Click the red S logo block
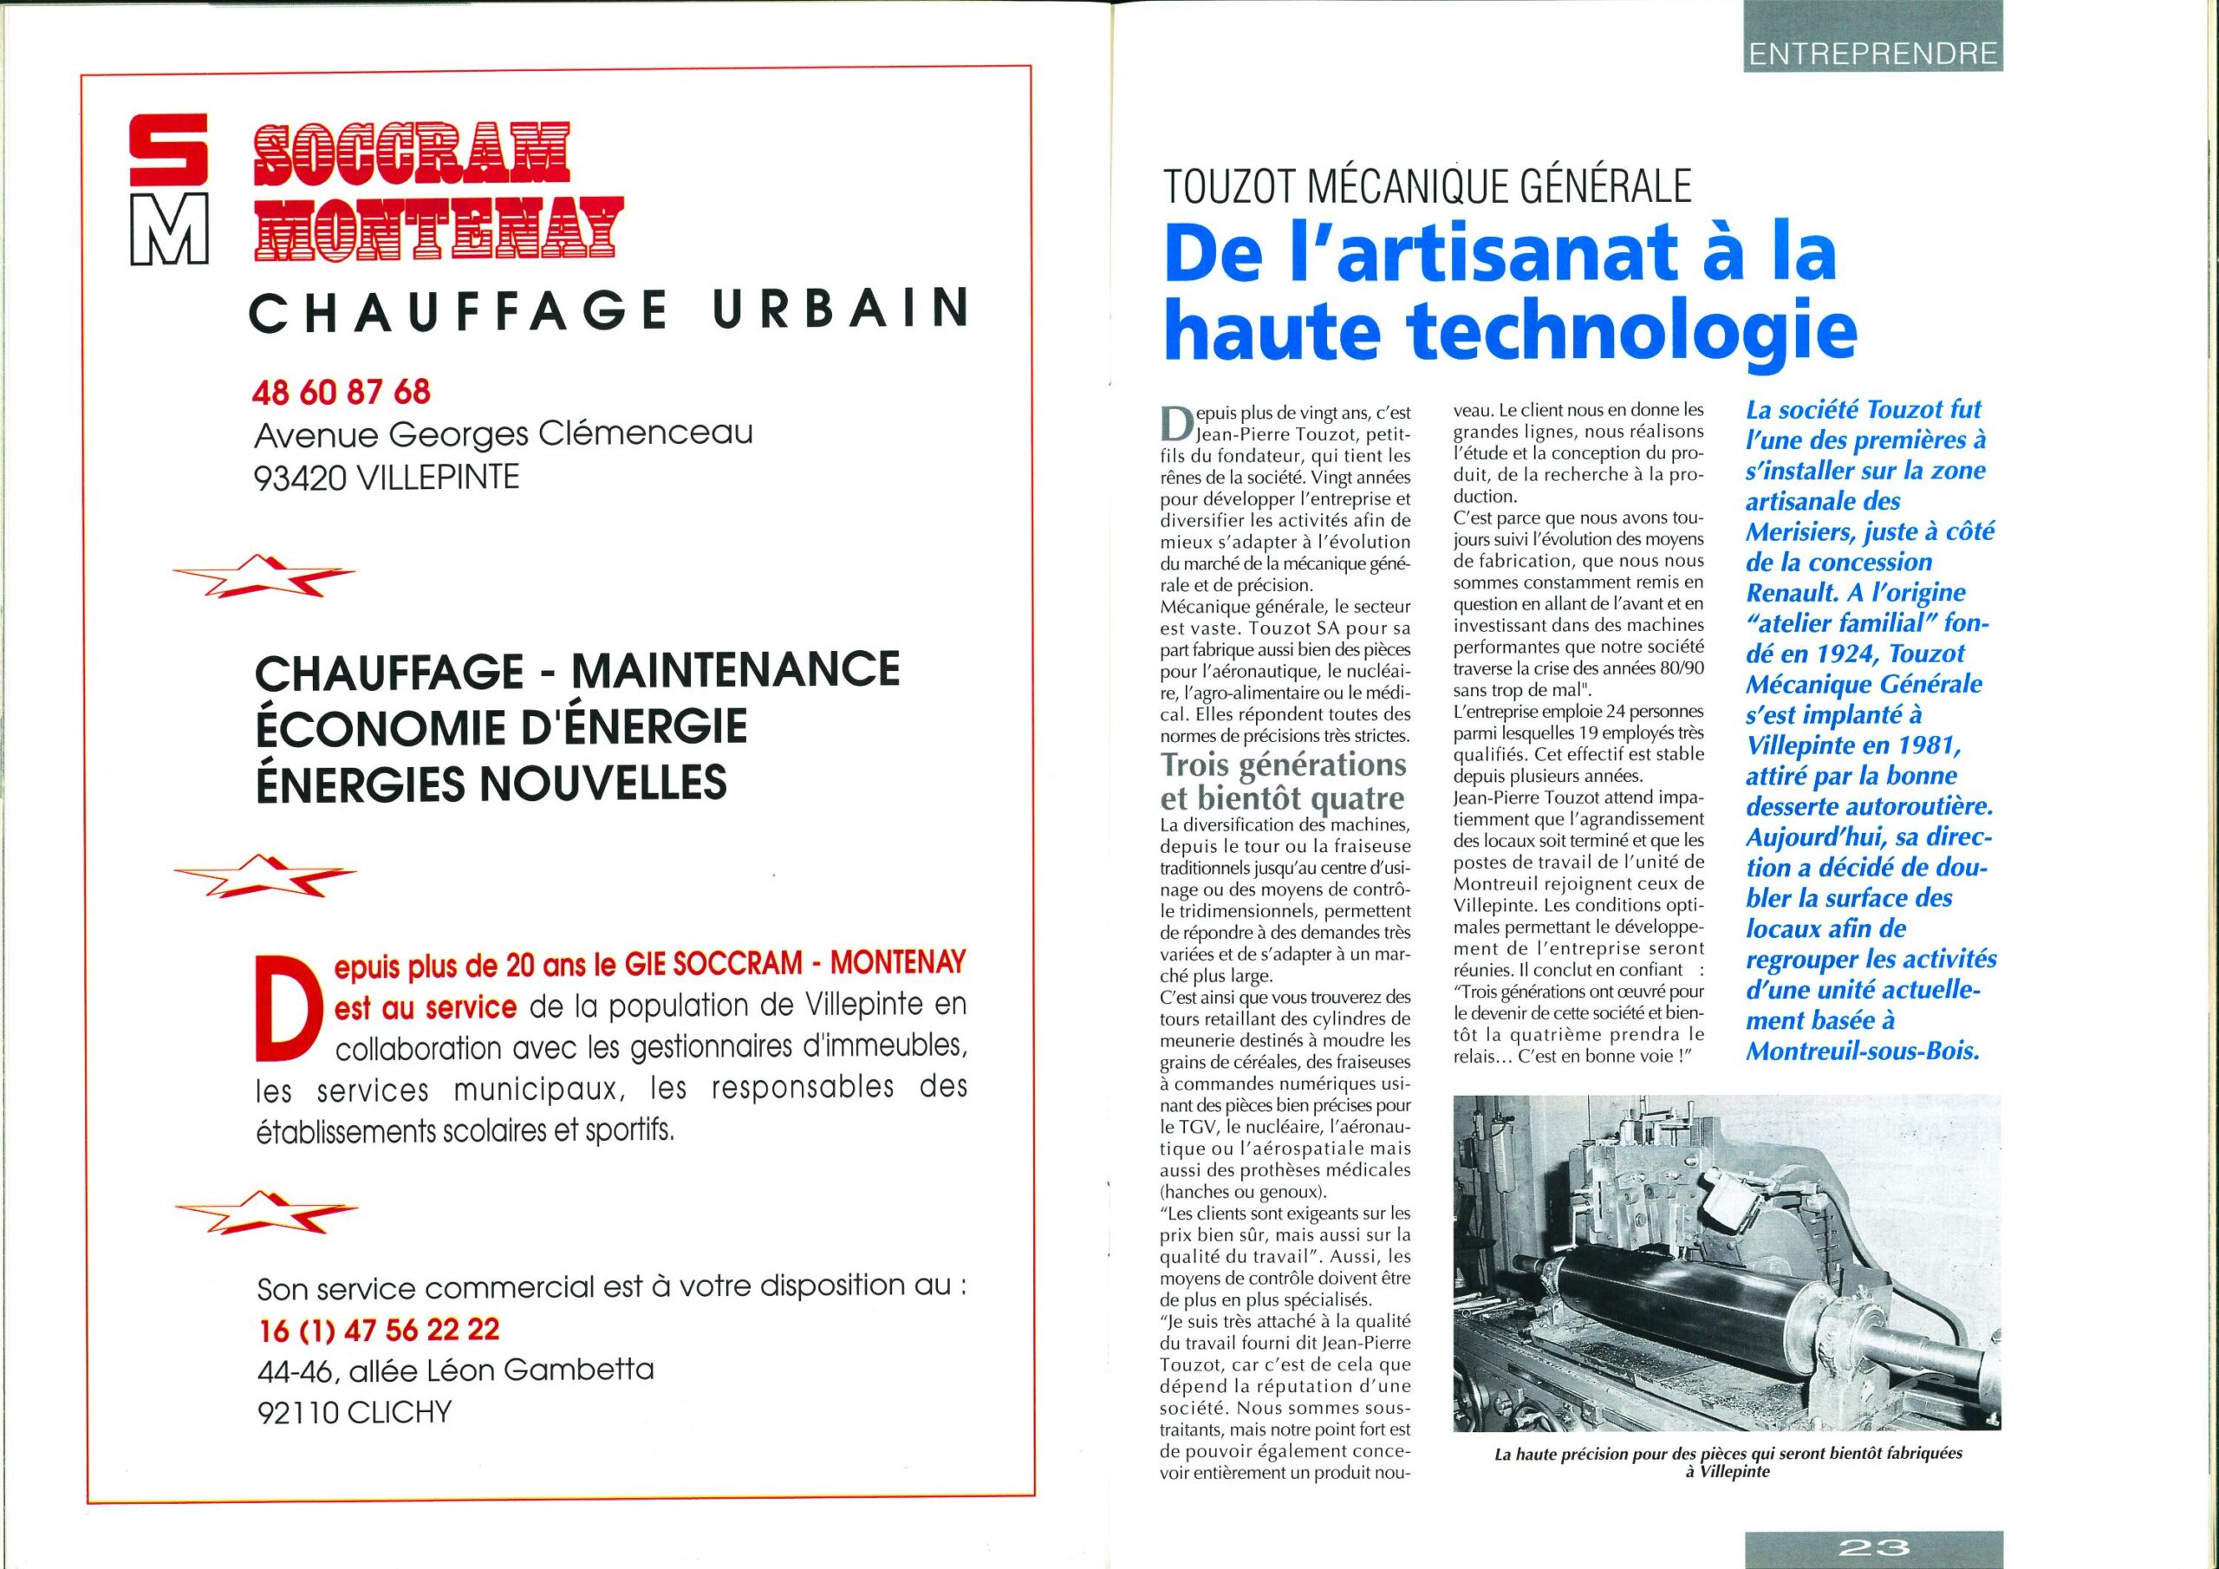(x=168, y=150)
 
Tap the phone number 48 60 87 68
(x=342, y=392)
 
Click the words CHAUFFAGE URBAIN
(x=608, y=310)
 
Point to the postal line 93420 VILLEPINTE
(x=387, y=478)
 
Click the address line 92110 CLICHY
(x=355, y=1412)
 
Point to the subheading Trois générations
(x=1284, y=765)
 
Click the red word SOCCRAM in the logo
(x=411, y=154)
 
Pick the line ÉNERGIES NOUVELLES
(x=491, y=782)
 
